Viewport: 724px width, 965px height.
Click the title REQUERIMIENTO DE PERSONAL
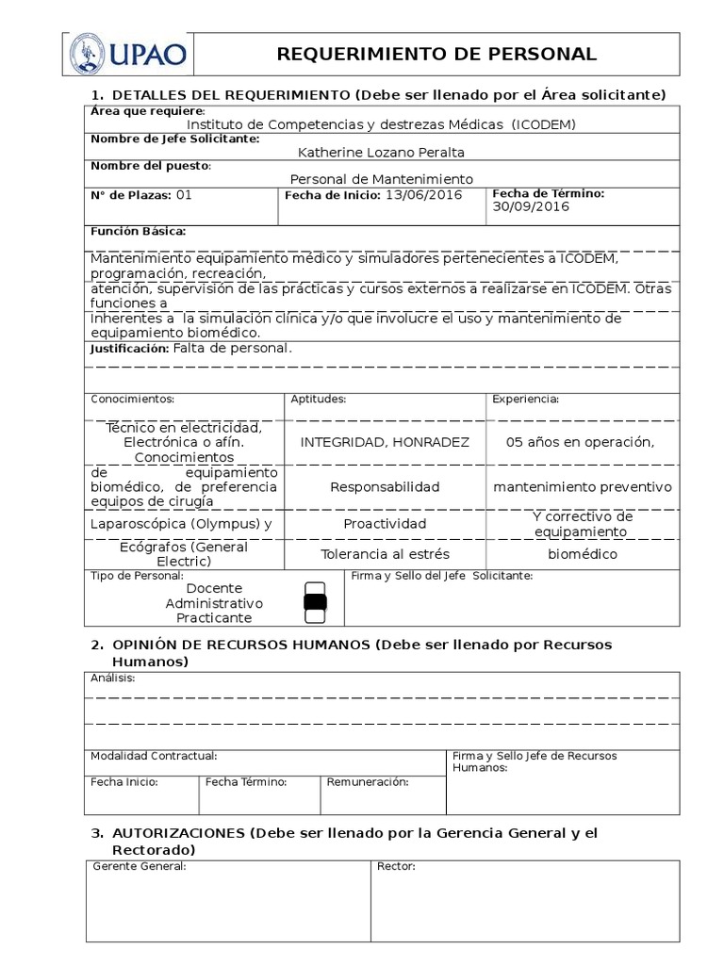[436, 54]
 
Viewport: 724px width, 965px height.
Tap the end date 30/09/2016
[531, 207]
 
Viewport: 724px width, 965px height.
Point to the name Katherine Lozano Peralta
[381, 152]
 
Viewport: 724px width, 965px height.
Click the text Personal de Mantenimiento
[381, 179]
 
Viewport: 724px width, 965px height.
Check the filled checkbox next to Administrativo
[316, 602]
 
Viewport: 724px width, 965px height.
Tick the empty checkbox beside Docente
[316, 589]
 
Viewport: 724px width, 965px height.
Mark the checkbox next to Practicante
[316, 616]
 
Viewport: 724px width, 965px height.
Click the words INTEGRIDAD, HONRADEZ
[385, 442]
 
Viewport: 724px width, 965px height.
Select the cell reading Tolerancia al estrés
[385, 554]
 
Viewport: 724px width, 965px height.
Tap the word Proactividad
[385, 523]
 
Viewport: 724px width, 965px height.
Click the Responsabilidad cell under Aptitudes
[385, 487]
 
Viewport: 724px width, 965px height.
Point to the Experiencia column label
[525, 400]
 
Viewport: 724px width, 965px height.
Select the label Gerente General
[139, 867]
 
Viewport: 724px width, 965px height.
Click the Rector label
[396, 867]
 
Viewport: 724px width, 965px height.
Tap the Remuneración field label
[368, 782]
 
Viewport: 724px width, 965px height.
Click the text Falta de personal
[232, 349]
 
